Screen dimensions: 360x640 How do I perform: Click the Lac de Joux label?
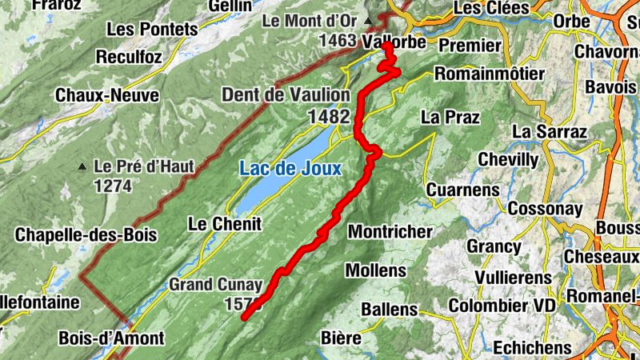pyautogui.click(x=290, y=169)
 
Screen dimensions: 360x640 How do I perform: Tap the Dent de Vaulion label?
pyautogui.click(x=286, y=95)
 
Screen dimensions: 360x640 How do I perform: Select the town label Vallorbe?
pyautogui.click(x=394, y=40)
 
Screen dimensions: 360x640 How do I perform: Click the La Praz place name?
pyautogui.click(x=450, y=117)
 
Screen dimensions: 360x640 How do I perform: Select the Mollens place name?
pyautogui.click(x=376, y=269)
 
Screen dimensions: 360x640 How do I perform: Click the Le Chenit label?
pyautogui.click(x=225, y=224)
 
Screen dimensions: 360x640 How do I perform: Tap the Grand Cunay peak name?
pyautogui.click(x=215, y=284)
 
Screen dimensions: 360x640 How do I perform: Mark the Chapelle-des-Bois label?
pyautogui.click(x=86, y=235)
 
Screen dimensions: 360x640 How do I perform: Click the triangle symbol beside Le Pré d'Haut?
pyautogui.click(x=82, y=167)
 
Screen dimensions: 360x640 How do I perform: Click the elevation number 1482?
pyautogui.click(x=328, y=117)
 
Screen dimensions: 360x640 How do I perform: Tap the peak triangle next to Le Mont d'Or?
pyautogui.click(x=368, y=20)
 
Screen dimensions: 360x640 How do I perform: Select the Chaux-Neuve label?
pyautogui.click(x=107, y=95)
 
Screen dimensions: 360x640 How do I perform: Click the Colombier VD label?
pyautogui.click(x=501, y=306)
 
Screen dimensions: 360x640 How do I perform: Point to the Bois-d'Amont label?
pyautogui.click(x=111, y=338)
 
